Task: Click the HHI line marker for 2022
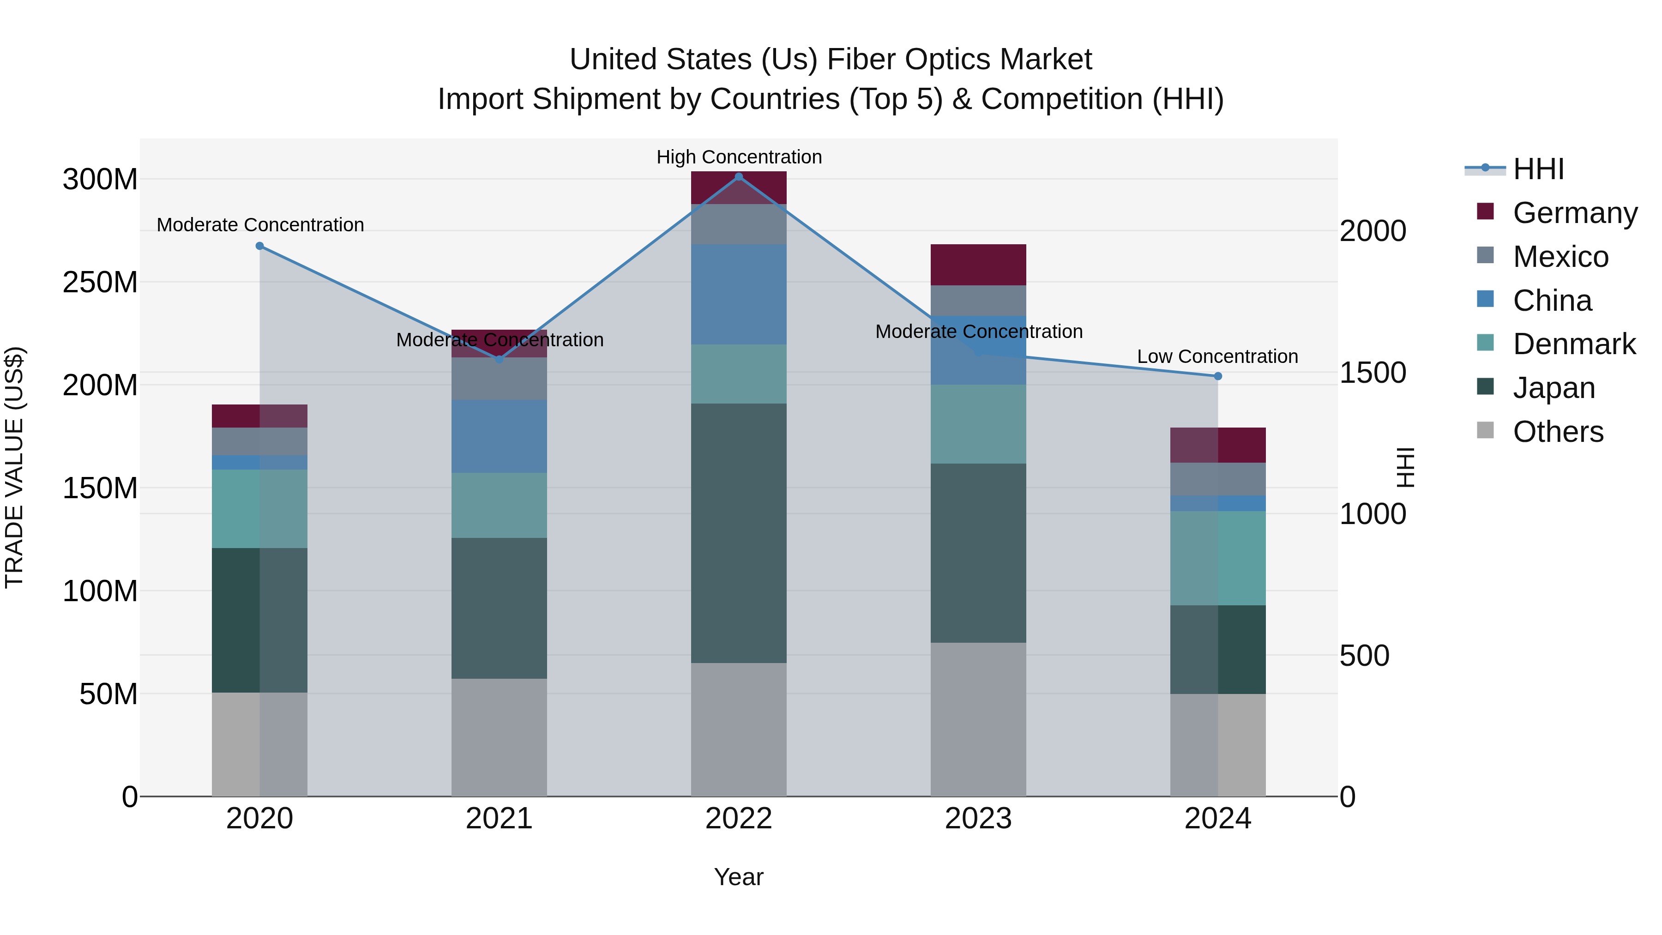pos(739,176)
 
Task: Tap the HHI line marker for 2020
pos(260,246)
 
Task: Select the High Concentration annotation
pos(739,157)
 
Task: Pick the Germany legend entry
pos(1574,212)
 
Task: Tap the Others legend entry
pos(1558,431)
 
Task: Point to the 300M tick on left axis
pos(100,180)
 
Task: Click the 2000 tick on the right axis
pos(1373,231)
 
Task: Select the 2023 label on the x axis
pos(978,819)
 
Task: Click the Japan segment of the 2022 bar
pos(739,532)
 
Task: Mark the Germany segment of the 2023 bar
pos(978,265)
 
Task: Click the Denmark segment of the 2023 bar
pos(978,424)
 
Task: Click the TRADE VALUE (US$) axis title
pos(14,467)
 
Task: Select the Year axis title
pos(738,877)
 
